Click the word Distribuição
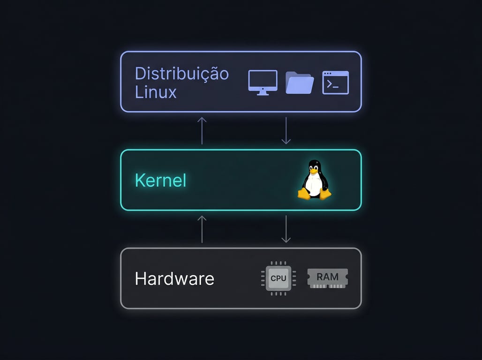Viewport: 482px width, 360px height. [x=181, y=74]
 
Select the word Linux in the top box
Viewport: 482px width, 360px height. [x=156, y=92]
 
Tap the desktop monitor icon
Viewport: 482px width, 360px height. [x=263, y=81]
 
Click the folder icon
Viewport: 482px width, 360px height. [x=299, y=83]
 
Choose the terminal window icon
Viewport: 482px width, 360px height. [x=336, y=83]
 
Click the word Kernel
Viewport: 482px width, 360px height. [x=160, y=180]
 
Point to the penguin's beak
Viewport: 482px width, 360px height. [x=315, y=170]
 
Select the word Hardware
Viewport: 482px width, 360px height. [x=174, y=279]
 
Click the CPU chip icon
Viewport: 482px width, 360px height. [x=278, y=278]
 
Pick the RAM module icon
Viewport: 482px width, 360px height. [x=327, y=277]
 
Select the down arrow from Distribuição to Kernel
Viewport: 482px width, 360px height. [x=286, y=131]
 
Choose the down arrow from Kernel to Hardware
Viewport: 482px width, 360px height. [x=286, y=230]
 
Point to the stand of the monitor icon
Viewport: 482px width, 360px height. [x=263, y=92]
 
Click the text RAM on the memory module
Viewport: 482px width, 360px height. [x=327, y=277]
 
